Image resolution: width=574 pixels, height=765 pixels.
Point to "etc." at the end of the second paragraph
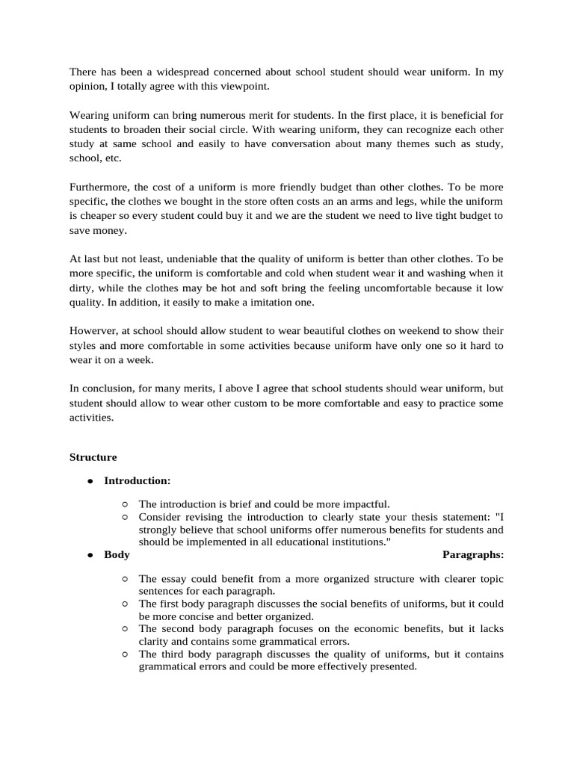point(109,159)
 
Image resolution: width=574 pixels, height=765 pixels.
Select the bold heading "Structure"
point(93,456)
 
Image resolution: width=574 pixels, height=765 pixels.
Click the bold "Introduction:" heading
point(138,480)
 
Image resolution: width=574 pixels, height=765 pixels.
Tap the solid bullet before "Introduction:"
point(90,480)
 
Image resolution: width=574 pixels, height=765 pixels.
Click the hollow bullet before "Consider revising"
point(124,517)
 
